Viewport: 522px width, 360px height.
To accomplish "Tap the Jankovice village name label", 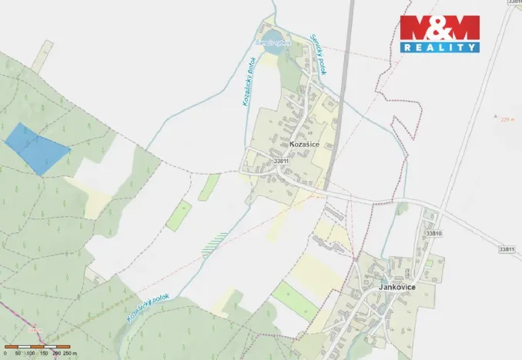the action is [x=397, y=286].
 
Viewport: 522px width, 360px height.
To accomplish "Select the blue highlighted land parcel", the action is [x=35, y=148].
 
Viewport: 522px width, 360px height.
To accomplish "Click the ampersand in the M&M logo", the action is [x=440, y=28].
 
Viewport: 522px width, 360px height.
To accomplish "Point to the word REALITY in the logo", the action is [x=440, y=48].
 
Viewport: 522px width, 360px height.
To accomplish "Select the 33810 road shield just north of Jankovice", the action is [x=434, y=232].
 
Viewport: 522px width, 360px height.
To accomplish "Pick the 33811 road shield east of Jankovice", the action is [x=506, y=249].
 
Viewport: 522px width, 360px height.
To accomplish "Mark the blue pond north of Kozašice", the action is [x=276, y=35].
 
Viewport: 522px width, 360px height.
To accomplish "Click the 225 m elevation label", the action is [x=507, y=119].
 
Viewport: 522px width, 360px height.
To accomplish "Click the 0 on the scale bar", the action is [x=5, y=353].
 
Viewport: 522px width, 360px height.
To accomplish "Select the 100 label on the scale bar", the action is [x=30, y=353].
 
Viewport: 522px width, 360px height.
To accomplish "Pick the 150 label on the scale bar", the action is [x=44, y=353].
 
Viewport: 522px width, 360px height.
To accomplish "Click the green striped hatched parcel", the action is [x=215, y=243].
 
